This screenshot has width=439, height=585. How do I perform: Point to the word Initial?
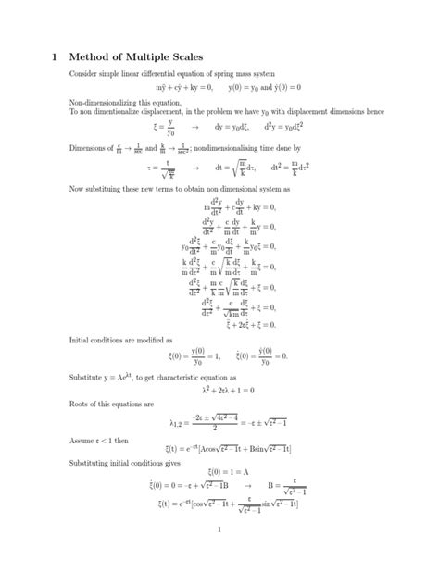pos(81,341)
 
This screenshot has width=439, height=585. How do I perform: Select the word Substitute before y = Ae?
pos(88,378)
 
